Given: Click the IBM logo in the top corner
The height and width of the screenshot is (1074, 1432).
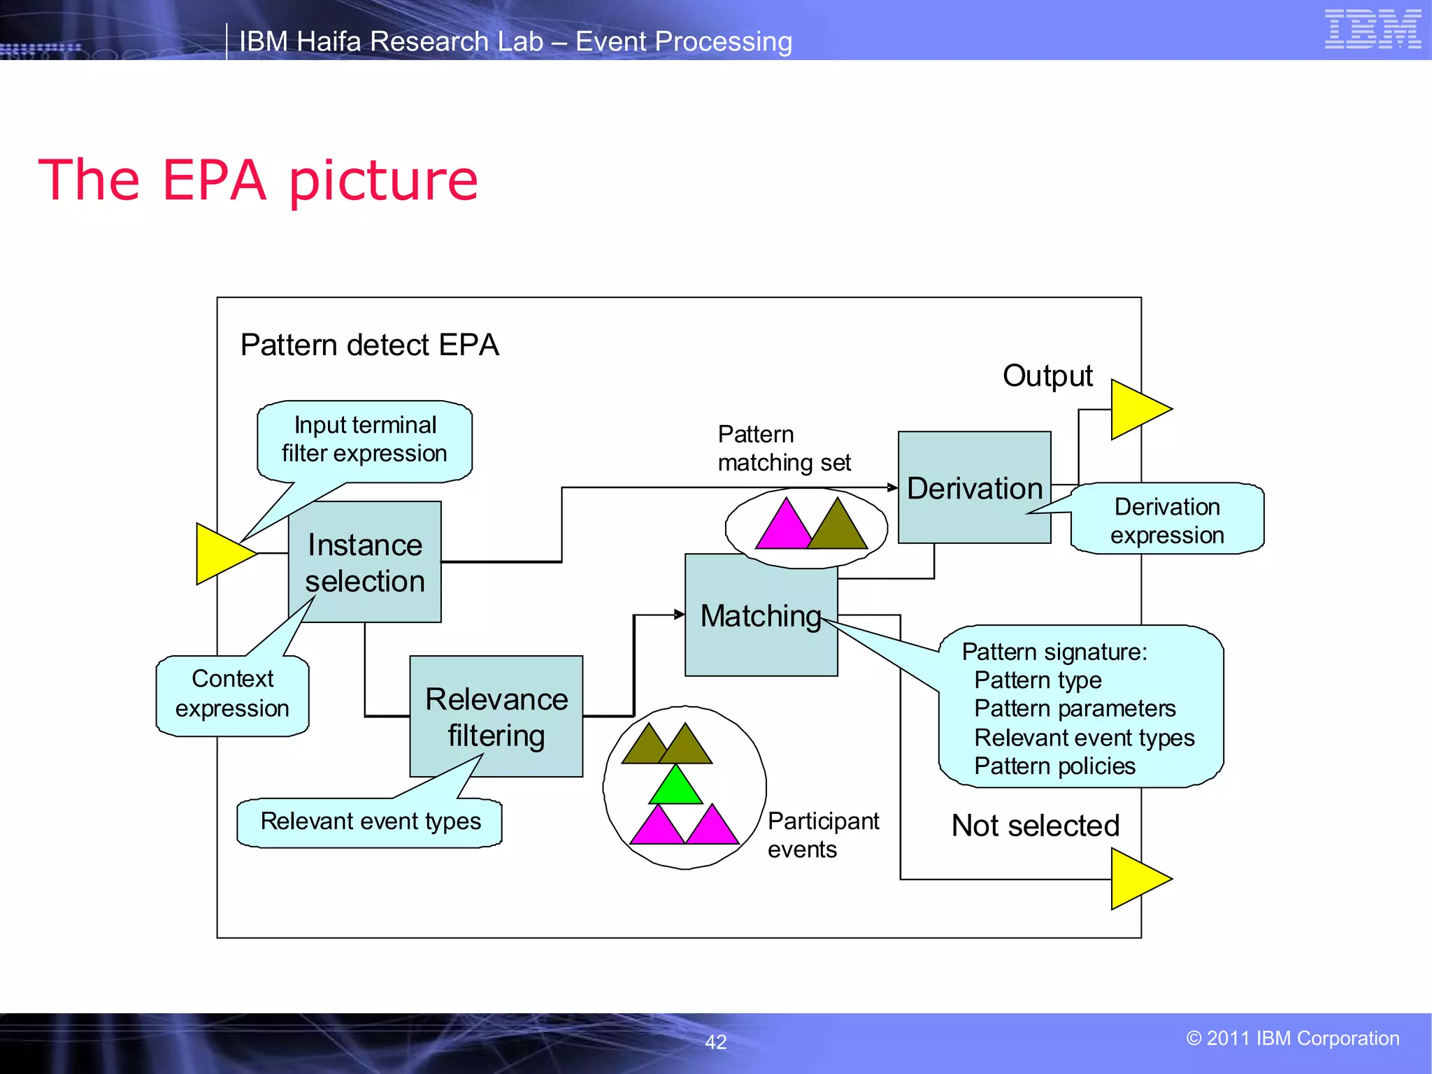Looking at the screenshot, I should click(1373, 29).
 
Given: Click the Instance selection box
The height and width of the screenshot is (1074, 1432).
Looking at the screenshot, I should click(364, 561).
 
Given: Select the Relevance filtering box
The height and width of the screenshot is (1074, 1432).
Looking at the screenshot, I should click(496, 716).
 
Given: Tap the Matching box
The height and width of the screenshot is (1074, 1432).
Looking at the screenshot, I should click(760, 615).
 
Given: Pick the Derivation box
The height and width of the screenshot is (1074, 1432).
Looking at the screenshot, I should click(974, 487).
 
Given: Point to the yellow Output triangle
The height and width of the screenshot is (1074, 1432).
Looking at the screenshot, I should click(1137, 410).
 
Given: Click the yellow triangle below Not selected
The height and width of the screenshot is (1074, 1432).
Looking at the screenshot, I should click(1137, 879).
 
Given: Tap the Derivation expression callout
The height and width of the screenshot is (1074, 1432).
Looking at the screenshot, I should click(1167, 520).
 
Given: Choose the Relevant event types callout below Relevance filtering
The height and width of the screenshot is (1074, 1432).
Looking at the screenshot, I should click(370, 822).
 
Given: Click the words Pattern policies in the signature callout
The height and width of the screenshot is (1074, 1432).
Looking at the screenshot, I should click(1054, 766).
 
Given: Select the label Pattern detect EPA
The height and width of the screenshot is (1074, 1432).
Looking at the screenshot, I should click(369, 345).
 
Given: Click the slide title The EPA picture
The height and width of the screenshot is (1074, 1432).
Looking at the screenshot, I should click(258, 180).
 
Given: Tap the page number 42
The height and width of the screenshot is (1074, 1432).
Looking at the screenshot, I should click(715, 1042).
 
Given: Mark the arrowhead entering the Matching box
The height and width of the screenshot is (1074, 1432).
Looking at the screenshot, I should click(679, 615).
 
